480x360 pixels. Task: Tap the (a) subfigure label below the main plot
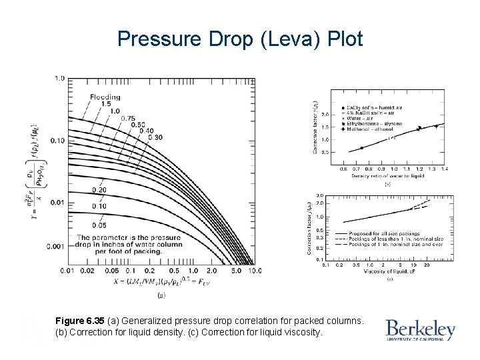point(161,295)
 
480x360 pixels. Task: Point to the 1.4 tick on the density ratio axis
point(445,169)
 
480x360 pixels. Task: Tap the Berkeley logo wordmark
point(420,329)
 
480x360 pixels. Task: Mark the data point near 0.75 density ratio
point(362,148)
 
